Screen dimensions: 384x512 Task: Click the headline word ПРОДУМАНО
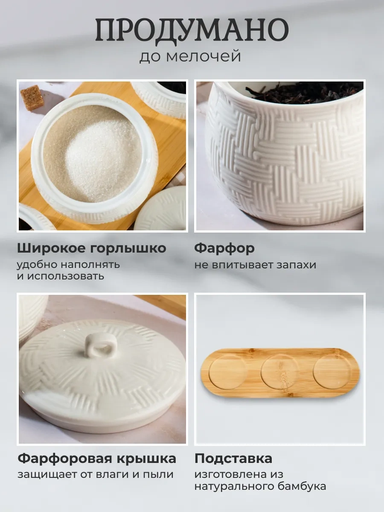pos(192,31)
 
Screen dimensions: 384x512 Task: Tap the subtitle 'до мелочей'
pos(190,56)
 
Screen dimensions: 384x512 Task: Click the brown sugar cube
pos(32,98)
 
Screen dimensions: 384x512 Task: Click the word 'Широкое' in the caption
pos(51,248)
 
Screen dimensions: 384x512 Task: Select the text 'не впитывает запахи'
pos(255,265)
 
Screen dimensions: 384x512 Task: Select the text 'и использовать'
pos(61,276)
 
